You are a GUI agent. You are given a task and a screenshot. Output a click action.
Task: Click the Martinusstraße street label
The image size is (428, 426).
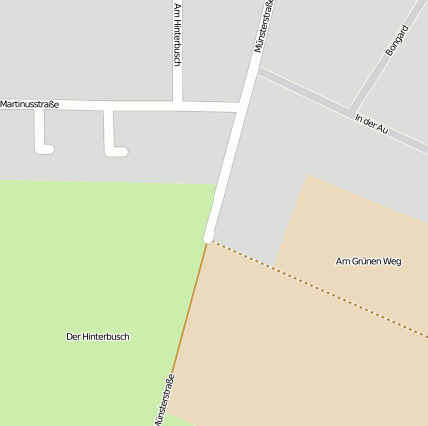point(30,104)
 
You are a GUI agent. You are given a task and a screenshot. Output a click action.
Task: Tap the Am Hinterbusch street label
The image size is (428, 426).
point(177,35)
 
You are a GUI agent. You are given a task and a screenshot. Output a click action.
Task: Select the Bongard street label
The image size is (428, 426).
point(397,39)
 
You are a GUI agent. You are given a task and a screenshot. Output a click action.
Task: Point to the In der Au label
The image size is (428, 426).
point(370,125)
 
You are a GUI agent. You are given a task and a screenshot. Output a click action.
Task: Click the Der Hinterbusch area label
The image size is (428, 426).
point(97,337)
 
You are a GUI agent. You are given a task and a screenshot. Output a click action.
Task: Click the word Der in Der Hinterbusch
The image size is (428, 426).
point(73,337)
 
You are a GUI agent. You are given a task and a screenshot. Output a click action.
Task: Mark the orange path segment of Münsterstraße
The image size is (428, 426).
point(190,309)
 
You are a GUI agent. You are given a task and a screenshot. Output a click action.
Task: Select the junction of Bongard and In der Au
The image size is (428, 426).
point(349,109)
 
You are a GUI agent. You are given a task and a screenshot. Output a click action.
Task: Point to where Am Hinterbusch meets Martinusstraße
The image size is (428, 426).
point(177,104)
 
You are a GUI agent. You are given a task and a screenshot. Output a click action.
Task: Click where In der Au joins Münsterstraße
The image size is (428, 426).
point(258,72)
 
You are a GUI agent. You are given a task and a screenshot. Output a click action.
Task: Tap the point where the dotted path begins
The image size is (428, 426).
point(210,240)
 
